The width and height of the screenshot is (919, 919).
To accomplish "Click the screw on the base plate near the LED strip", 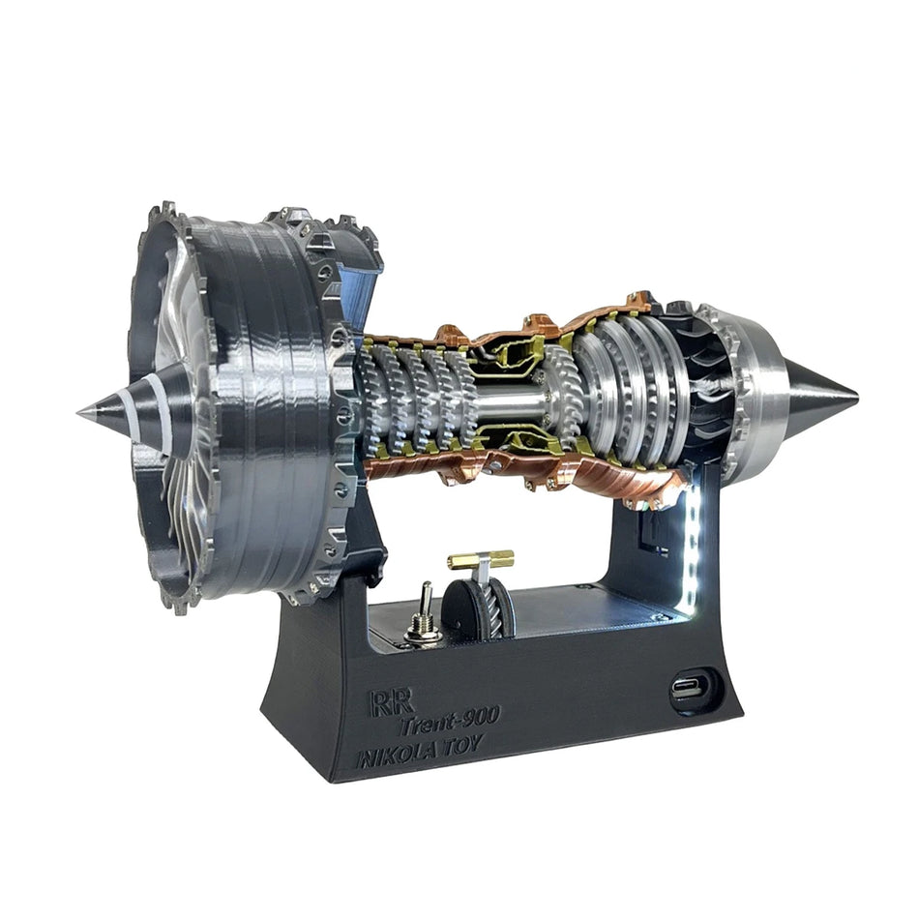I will pyautogui.click(x=657, y=616).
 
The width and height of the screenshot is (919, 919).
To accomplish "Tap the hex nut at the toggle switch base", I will pyautogui.click(x=422, y=631).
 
